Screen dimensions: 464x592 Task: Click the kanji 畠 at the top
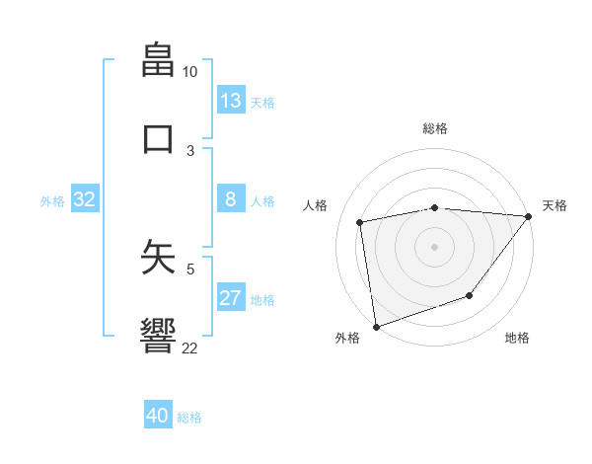(x=158, y=59)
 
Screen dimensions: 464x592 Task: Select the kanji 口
(x=158, y=137)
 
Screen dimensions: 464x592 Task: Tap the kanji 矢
(x=158, y=256)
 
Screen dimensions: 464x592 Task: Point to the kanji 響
(x=158, y=335)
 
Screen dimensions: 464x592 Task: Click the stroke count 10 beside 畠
(x=189, y=72)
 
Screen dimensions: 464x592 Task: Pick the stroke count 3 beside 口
(x=190, y=150)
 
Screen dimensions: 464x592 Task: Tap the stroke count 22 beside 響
(x=189, y=348)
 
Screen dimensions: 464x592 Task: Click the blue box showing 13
(x=231, y=100)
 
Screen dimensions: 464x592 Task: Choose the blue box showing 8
(x=231, y=199)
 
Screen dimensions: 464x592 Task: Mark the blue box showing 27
(x=231, y=298)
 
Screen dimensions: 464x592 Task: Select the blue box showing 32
(x=85, y=199)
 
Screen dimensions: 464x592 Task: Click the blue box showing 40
(x=158, y=416)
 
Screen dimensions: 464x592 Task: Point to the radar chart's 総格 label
(x=434, y=128)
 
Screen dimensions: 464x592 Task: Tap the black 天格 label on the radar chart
(x=555, y=205)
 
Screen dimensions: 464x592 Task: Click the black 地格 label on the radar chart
(x=517, y=338)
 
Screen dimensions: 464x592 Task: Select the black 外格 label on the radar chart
(x=346, y=338)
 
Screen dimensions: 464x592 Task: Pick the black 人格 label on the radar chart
(x=315, y=205)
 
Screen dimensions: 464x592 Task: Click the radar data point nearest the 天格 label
(x=528, y=216)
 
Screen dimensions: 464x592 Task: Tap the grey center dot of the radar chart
(x=434, y=246)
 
